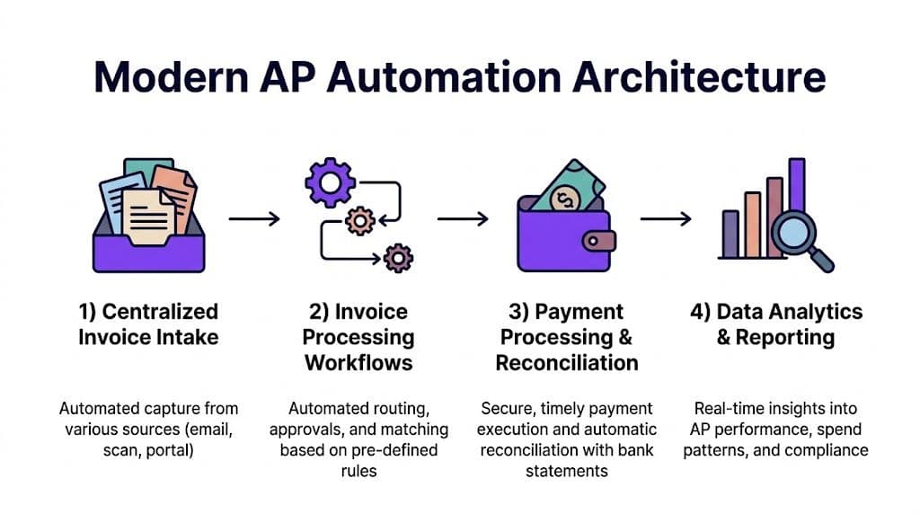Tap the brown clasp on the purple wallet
(598, 240)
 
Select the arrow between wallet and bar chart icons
(665, 218)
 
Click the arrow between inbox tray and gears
(254, 218)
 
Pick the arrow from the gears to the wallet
(463, 218)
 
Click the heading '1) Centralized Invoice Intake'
(148, 324)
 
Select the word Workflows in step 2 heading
(358, 363)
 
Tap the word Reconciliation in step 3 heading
(567, 363)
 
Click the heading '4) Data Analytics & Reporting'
(776, 324)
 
